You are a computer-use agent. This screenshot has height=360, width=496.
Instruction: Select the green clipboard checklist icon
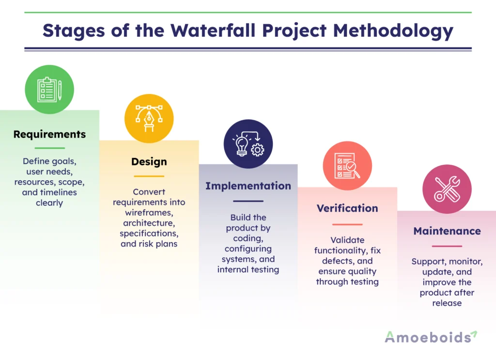click(49, 90)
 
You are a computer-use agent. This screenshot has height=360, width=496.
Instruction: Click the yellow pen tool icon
click(149, 118)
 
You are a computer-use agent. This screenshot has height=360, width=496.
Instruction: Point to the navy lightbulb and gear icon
click(248, 144)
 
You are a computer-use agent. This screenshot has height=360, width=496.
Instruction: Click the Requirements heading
click(49, 134)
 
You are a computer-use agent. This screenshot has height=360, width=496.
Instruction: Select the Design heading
click(149, 162)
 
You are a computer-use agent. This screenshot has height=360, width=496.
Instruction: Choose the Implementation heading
click(248, 186)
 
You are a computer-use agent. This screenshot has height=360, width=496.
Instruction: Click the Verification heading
click(347, 208)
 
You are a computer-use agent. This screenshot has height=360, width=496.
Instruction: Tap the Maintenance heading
click(447, 231)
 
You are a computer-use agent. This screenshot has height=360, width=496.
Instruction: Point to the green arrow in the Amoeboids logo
click(473, 334)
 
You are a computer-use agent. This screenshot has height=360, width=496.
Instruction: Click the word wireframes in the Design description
click(149, 212)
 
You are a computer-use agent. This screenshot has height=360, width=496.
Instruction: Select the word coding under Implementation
click(248, 238)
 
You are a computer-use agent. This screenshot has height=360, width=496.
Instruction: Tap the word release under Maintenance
click(447, 303)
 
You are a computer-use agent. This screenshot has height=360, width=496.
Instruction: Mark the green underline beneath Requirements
click(49, 148)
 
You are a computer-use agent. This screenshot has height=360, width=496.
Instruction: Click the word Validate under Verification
click(347, 240)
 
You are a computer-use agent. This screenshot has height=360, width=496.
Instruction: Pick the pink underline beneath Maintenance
click(447, 246)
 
